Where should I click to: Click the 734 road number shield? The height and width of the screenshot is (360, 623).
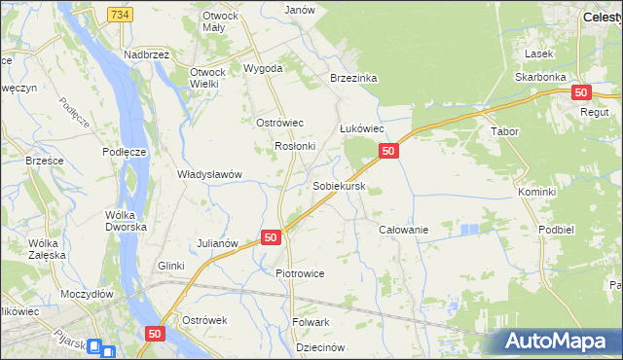120,15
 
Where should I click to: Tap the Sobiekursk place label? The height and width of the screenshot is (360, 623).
339,185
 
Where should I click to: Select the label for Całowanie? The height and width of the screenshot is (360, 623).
404,229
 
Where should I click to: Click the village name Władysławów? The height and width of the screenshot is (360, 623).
208,174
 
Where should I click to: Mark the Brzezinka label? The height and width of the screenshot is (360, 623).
353,78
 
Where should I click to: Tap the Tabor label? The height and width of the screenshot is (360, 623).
505,131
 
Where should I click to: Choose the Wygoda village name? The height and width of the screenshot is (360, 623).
263,69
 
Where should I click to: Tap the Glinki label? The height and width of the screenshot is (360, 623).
171,266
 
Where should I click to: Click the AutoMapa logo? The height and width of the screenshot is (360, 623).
556,342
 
